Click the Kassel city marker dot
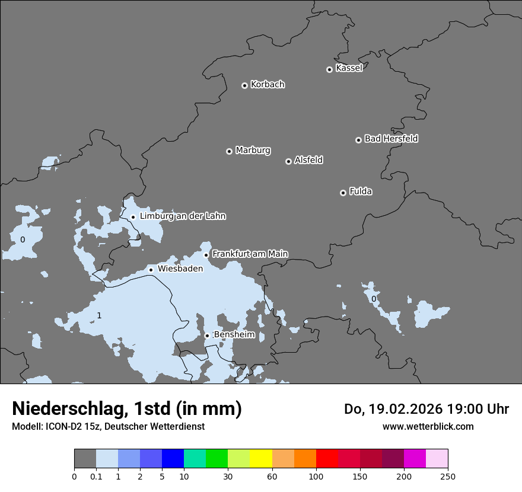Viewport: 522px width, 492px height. [x=329, y=69]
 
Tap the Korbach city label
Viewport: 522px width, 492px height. [x=268, y=85]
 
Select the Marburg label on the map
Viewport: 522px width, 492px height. [x=253, y=151]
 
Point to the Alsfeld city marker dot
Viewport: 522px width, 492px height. [x=288, y=161]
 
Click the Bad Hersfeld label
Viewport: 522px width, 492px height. [x=391, y=139]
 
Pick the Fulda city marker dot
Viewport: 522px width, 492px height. [x=343, y=193]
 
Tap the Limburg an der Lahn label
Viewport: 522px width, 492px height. [x=183, y=216]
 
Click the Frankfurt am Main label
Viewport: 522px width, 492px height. [x=250, y=254]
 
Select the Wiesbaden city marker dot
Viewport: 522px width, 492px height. [x=151, y=270]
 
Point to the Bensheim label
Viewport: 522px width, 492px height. [x=234, y=335]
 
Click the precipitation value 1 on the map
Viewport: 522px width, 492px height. [x=99, y=315]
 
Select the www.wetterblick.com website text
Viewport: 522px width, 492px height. [x=428, y=426]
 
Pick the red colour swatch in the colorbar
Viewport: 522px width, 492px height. [x=327, y=459]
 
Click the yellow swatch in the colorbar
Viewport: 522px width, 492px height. [x=261, y=459]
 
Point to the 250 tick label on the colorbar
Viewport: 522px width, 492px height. [x=448, y=476]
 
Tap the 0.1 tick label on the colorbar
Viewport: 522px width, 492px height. [x=96, y=476]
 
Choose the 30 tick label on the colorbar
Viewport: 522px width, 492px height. [x=228, y=476]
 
